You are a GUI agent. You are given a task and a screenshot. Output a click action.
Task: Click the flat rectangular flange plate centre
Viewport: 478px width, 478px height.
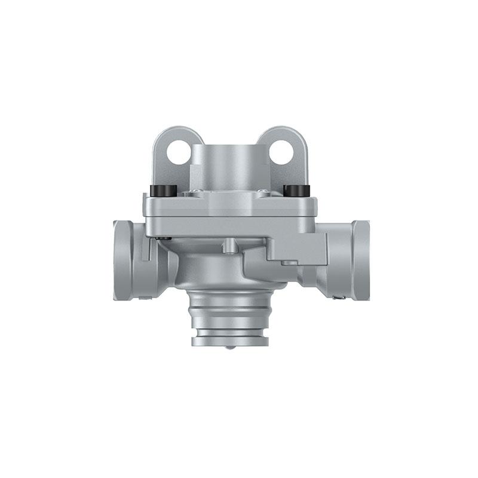point(230,207)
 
